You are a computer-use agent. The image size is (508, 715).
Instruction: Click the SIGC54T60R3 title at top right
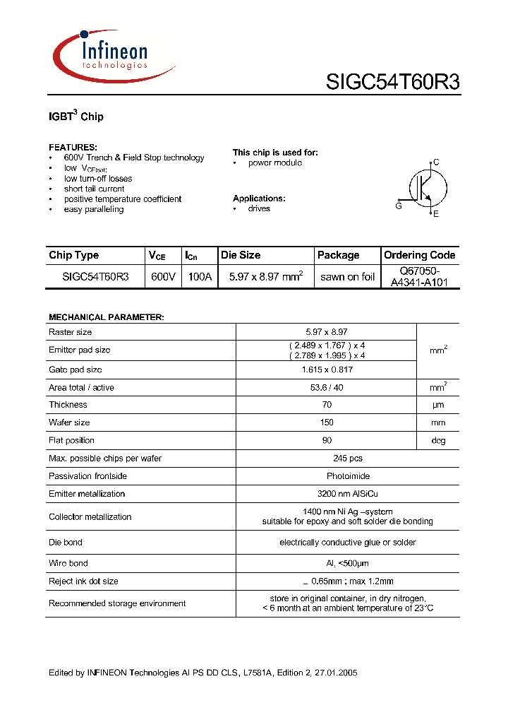click(392, 83)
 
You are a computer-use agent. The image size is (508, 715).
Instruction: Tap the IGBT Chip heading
click(76, 116)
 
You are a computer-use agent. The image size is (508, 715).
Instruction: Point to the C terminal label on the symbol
click(436, 162)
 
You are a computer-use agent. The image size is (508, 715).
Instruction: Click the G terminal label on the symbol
click(399, 206)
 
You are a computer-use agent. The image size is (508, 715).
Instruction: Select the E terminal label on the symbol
click(436, 213)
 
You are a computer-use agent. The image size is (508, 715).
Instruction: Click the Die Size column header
click(241, 255)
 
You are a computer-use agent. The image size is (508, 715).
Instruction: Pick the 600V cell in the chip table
click(163, 277)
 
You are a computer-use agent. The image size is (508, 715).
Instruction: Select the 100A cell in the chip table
click(200, 277)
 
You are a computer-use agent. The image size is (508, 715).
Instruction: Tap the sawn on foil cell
click(347, 277)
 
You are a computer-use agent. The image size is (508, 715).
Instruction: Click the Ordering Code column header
click(419, 255)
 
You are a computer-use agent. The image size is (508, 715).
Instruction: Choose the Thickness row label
click(68, 405)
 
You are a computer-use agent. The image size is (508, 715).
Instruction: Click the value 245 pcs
click(325, 459)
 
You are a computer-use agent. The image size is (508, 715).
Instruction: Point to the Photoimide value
click(325, 476)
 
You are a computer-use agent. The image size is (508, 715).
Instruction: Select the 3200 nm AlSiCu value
click(325, 494)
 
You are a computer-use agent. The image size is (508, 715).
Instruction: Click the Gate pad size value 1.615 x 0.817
click(325, 370)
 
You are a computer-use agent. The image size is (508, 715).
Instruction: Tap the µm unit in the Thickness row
click(438, 405)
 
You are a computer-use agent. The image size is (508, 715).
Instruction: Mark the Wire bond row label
click(68, 563)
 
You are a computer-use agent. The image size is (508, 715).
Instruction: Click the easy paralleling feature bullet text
click(94, 209)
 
